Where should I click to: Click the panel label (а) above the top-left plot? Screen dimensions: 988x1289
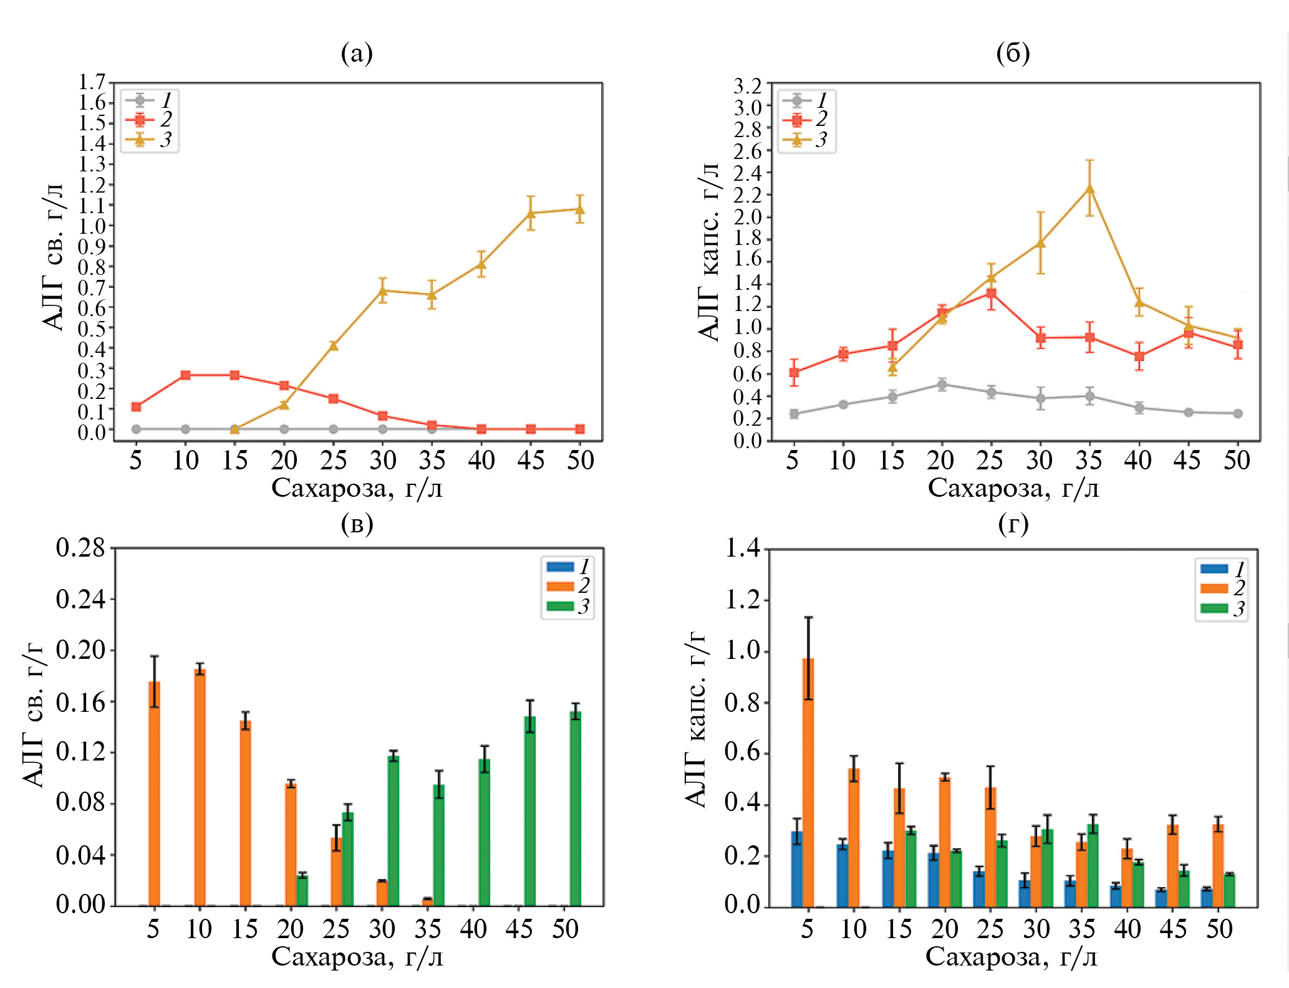point(357,54)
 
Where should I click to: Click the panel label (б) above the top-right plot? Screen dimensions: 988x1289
point(1013,54)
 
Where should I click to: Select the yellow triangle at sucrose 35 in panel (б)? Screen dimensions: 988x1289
point(1089,188)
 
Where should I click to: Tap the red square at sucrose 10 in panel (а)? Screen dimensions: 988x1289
point(185,375)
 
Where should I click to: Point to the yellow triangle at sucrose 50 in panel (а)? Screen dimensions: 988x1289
point(580,209)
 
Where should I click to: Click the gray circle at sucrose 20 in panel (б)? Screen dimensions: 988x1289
point(942,384)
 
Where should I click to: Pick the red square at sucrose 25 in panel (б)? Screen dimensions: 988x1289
point(991,294)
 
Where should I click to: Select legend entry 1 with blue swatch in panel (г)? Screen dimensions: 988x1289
point(1222,568)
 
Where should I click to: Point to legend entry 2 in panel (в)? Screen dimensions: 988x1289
point(567,586)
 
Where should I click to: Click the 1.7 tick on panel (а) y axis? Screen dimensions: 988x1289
point(92,82)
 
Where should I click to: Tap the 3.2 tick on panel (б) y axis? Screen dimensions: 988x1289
point(748,85)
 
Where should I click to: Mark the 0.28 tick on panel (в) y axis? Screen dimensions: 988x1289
point(80,548)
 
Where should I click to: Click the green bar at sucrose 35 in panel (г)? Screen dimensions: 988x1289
point(1093,865)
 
